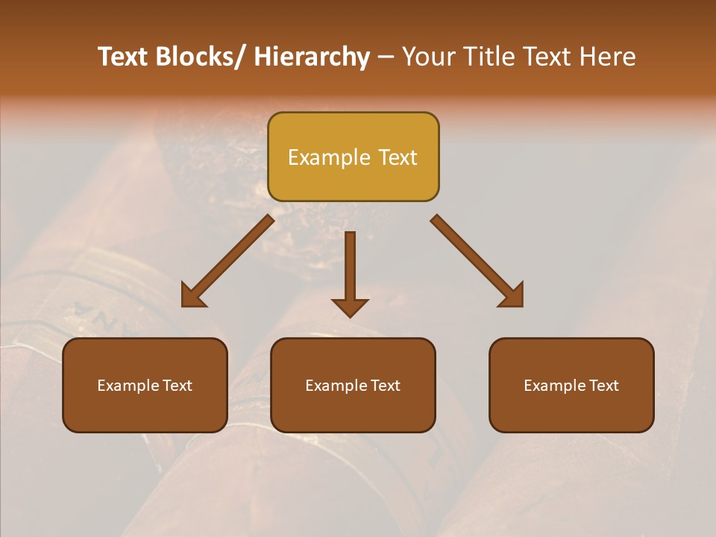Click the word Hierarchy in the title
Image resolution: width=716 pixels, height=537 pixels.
312,57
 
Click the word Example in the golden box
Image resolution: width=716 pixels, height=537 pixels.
329,157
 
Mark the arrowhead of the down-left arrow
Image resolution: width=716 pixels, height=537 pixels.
193,296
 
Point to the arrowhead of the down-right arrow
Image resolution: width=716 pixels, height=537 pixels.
512,295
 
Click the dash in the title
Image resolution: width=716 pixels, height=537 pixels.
386,57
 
